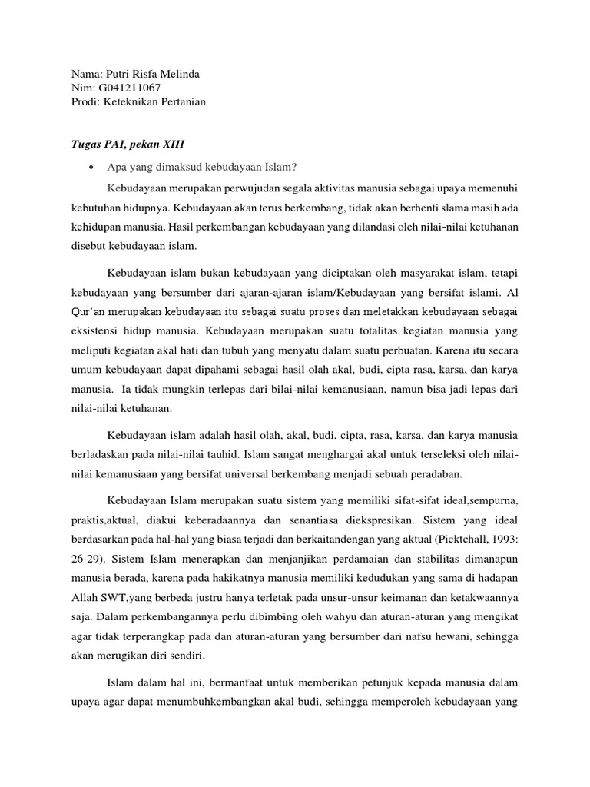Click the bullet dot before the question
91,167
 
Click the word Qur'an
81,310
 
